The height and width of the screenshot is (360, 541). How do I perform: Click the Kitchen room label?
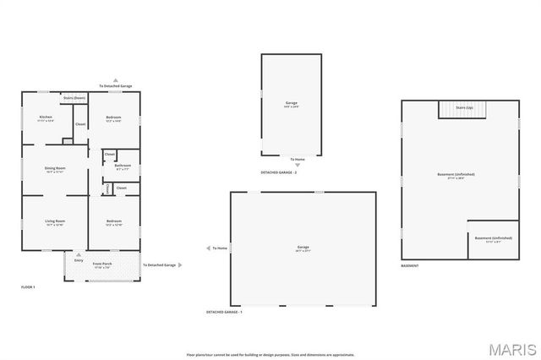(x=46, y=117)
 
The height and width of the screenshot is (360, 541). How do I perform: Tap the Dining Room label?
(x=55, y=168)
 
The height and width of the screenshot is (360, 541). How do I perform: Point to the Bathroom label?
(x=123, y=166)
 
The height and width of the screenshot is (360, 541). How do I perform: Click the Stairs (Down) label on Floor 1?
(x=74, y=97)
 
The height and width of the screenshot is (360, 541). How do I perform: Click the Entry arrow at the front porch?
(x=79, y=254)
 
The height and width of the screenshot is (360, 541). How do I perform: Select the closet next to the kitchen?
(x=80, y=125)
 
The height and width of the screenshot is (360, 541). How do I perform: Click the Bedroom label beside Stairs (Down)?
(x=114, y=117)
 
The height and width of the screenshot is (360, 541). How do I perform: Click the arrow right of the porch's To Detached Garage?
(x=180, y=265)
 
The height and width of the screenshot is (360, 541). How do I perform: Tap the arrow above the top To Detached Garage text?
(x=116, y=79)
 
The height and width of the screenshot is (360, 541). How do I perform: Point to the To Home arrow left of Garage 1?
(x=208, y=248)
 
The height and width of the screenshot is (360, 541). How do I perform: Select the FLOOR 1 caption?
(x=28, y=288)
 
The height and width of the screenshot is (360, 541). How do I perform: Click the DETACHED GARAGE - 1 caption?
(x=224, y=313)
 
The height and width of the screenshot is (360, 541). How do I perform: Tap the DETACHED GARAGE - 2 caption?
(x=278, y=172)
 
